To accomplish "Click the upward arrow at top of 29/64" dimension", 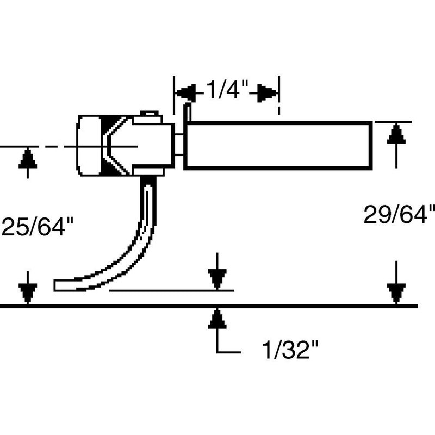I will tap(397, 133).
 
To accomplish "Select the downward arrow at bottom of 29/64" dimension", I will tap(397, 294).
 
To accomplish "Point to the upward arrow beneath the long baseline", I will tap(217, 319).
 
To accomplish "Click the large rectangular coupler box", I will tap(278, 146).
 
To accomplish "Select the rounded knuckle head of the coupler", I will tap(90, 146).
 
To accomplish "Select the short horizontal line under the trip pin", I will tap(171, 291).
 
